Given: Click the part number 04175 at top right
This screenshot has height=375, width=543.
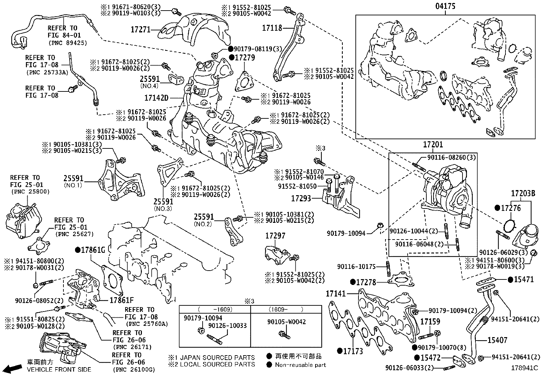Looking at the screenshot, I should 445,6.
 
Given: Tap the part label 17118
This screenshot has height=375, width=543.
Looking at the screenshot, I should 271,28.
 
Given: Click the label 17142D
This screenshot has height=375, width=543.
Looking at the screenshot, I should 156,98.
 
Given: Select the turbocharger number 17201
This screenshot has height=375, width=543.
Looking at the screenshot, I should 433,145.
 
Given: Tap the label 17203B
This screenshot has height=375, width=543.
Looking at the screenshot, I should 523,193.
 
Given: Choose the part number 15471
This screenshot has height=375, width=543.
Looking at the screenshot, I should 524,279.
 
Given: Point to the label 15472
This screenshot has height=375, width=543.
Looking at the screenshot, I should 430,358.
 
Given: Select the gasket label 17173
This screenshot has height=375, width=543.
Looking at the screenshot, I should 353,351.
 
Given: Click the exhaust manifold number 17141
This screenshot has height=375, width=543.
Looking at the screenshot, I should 336,293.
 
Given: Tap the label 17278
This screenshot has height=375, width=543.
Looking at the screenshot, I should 366,282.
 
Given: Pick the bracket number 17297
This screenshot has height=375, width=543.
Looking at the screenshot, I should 275,236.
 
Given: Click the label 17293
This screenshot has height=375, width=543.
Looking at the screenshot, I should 301,198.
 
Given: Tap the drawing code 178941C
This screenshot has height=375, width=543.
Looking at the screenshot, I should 524,368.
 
